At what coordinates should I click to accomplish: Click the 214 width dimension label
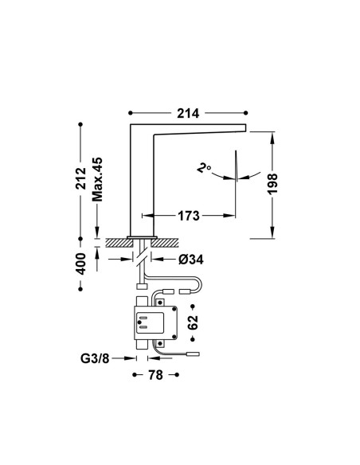188,113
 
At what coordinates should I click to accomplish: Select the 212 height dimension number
80,178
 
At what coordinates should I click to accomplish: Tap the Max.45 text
97,179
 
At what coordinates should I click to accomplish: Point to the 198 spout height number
272,184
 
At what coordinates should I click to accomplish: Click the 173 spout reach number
189,216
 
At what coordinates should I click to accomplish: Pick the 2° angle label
204,168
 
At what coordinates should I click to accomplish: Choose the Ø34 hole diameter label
191,260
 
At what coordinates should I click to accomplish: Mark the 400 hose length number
80,264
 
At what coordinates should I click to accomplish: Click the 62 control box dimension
193,322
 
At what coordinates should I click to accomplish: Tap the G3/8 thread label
95,359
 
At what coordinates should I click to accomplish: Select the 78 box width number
155,375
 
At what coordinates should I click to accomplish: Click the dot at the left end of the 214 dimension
130,113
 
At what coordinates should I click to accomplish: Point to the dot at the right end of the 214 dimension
245,113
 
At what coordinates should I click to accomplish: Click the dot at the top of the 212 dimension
80,124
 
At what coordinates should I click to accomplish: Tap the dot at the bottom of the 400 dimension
80,289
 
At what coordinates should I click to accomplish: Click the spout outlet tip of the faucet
246,127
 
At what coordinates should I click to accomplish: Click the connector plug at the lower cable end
193,354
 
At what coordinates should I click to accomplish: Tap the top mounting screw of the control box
160,303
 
